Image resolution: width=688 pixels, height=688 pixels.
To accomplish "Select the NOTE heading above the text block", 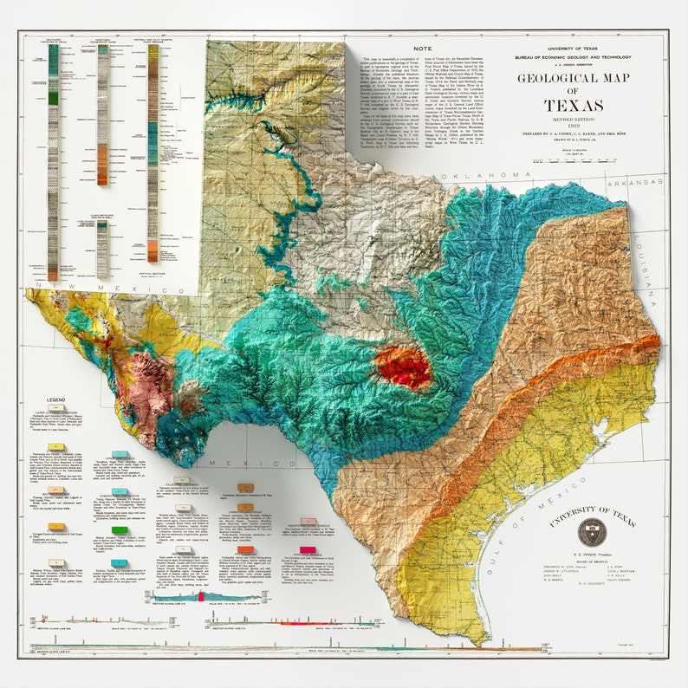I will [424, 49].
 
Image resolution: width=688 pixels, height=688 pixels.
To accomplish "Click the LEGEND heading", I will [56, 400].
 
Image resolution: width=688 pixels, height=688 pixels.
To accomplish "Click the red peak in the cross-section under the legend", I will [201, 597].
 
